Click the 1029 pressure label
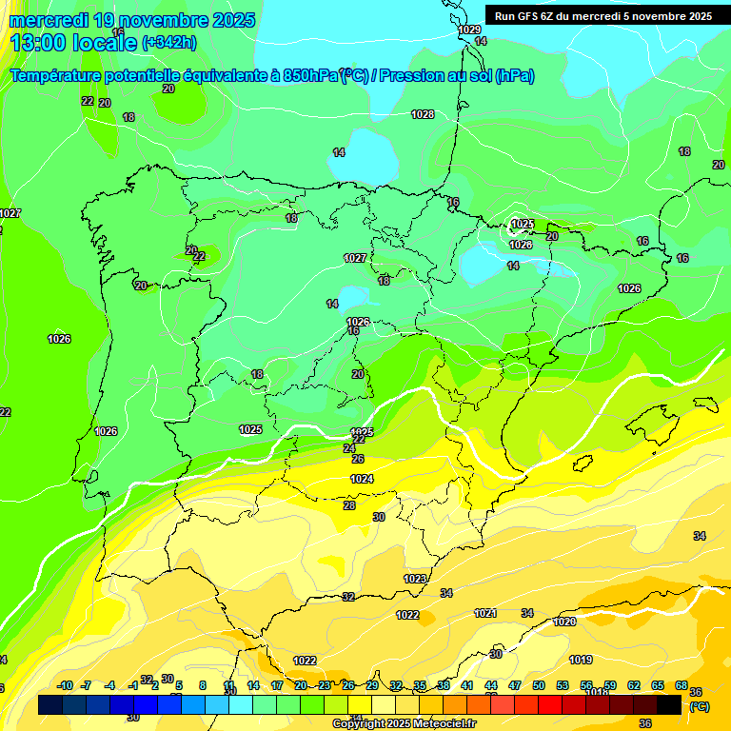[469, 30]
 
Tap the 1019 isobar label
[581, 660]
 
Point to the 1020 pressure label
[564, 622]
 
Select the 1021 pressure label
[485, 613]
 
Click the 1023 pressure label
[415, 579]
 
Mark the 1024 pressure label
[362, 479]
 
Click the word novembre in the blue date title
[148, 20]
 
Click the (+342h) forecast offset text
[168, 43]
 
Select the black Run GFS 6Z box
[603, 16]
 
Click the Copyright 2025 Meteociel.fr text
[405, 724]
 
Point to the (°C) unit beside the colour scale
[699, 706]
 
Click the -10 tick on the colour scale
[65, 685]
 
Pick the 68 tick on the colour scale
[682, 685]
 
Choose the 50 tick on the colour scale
[539, 685]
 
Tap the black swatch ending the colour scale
[669, 704]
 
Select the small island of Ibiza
[583, 464]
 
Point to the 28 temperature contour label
[349, 505]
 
